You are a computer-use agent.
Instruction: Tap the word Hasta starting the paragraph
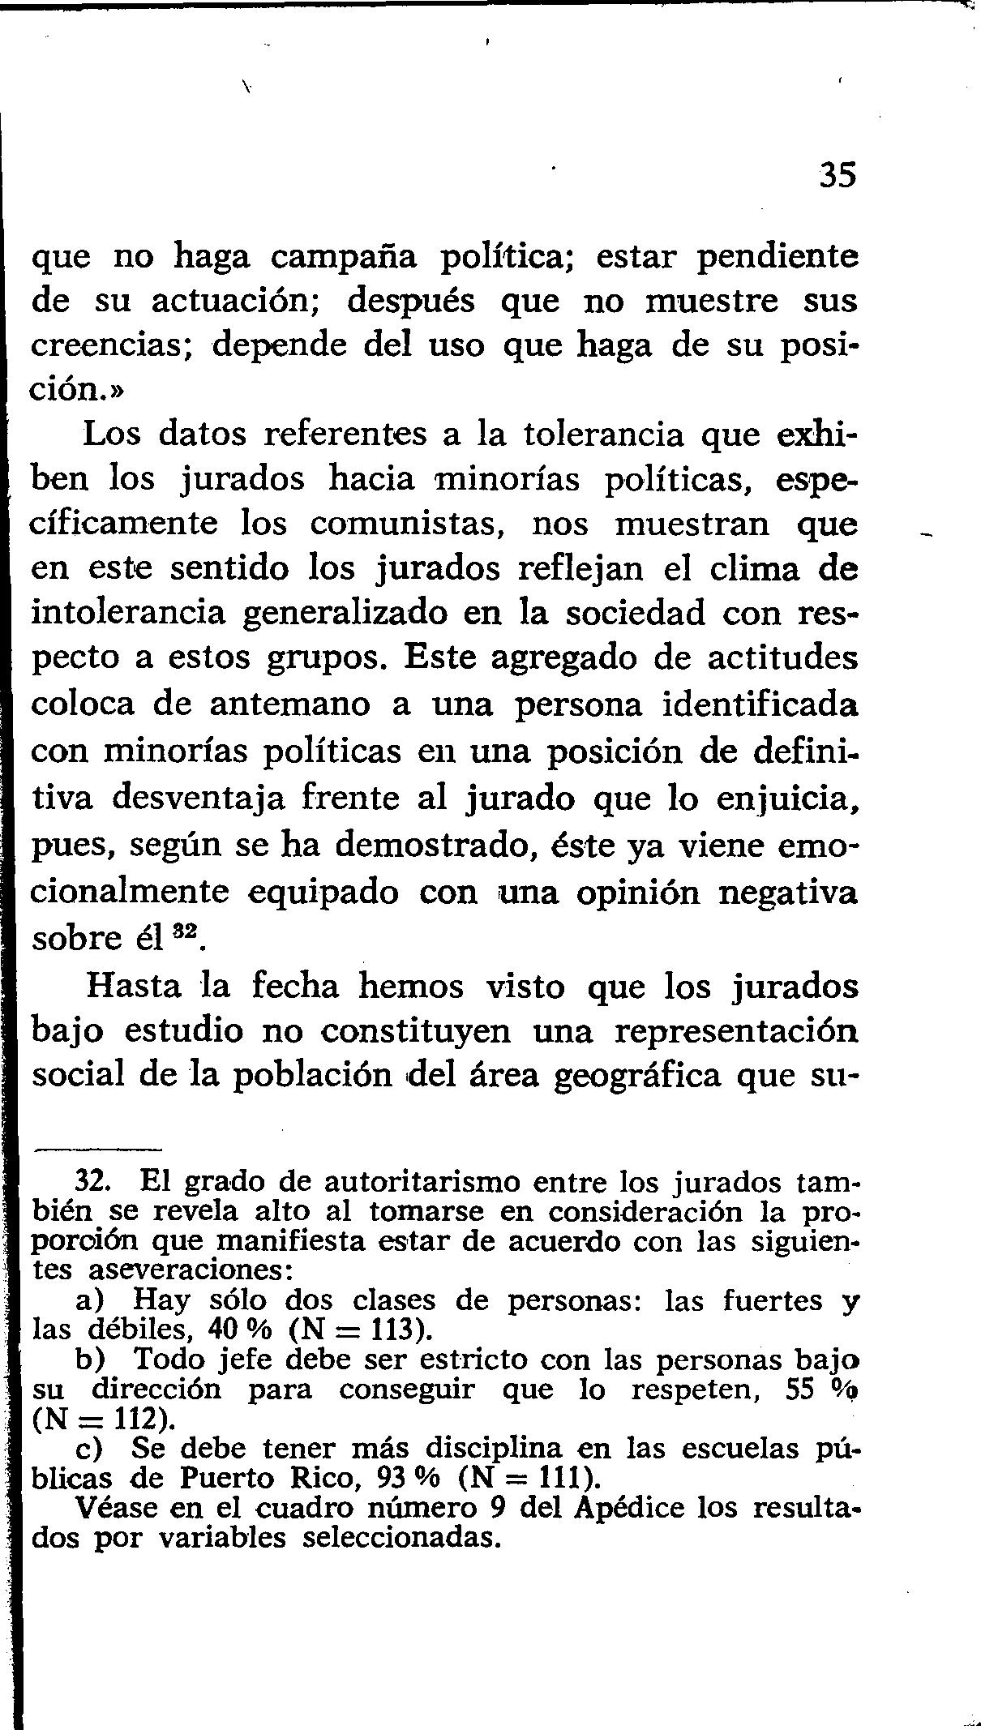135,987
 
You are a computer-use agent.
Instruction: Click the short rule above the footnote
97,1148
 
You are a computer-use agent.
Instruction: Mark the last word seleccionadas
397,1538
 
